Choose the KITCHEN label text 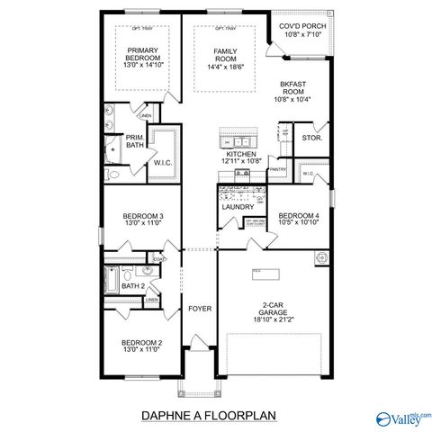(x=241, y=154)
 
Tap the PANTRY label (x=278, y=169)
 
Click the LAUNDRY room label (x=238, y=207)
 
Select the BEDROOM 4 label (x=298, y=216)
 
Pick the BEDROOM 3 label (x=143, y=216)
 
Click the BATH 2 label (x=133, y=286)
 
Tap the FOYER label (x=199, y=309)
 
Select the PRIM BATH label (x=134, y=140)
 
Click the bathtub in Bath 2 (x=110, y=281)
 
